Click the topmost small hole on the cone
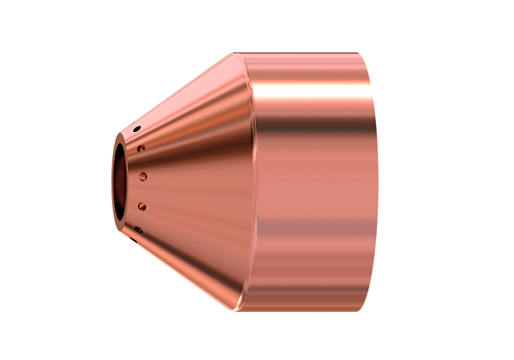[137, 128]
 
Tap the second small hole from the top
[141, 149]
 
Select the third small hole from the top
[143, 177]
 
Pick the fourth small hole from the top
[142, 205]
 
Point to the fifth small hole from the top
[137, 229]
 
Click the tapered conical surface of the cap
[193, 179]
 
